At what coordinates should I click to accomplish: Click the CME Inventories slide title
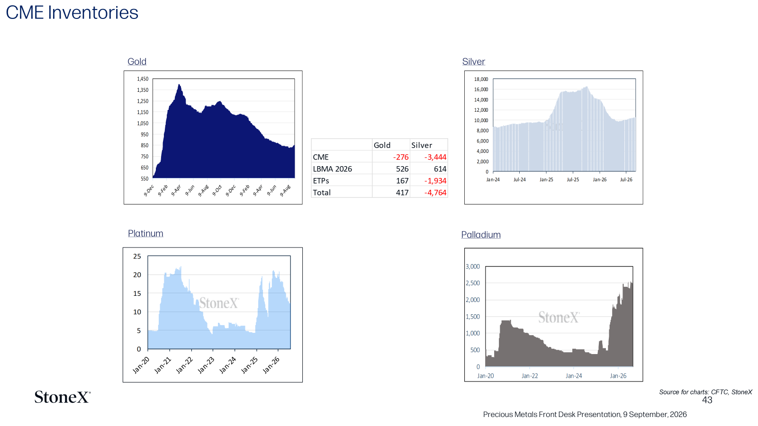(x=72, y=13)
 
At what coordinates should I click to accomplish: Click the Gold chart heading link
(x=137, y=62)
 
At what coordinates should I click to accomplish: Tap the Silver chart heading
(x=473, y=62)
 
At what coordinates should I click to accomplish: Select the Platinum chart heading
(x=145, y=233)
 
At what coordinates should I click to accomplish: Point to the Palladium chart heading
(x=481, y=235)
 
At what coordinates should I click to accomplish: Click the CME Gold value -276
(x=401, y=157)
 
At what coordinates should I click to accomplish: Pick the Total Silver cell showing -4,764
(x=435, y=192)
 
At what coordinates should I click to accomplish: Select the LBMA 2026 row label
(x=332, y=169)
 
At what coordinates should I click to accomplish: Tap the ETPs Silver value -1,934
(x=435, y=180)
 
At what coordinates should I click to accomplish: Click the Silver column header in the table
(x=422, y=145)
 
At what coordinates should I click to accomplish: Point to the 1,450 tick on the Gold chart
(x=143, y=79)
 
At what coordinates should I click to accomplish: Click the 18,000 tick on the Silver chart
(x=481, y=79)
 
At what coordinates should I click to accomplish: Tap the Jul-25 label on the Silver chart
(x=573, y=179)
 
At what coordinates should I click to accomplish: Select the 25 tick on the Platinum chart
(x=137, y=256)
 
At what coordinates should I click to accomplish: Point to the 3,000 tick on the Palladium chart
(x=473, y=266)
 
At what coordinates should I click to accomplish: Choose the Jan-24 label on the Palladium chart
(x=574, y=376)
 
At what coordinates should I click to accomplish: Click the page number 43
(x=707, y=400)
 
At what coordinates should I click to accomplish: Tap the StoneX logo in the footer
(x=63, y=397)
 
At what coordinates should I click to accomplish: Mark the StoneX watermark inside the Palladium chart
(x=559, y=317)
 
